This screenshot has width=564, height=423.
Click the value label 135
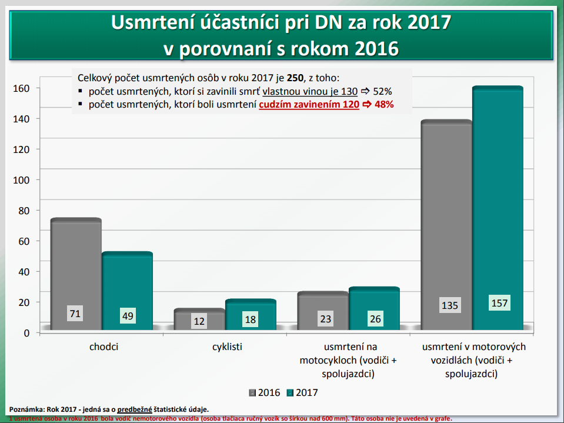click(x=449, y=305)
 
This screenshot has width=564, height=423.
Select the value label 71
click(x=75, y=314)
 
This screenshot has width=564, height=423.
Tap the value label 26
click(x=375, y=319)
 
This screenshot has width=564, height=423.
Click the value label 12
click(x=199, y=321)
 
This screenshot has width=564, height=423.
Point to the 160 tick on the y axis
click(x=22, y=88)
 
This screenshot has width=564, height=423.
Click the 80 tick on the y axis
click(x=25, y=211)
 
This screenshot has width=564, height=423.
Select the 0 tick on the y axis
click(x=27, y=333)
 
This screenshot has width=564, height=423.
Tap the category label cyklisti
click(x=227, y=347)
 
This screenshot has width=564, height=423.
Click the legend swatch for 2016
click(x=253, y=392)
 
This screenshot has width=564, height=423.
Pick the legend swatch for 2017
click(x=290, y=392)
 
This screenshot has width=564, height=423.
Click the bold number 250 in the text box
click(x=295, y=78)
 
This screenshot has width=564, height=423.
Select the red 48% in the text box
click(x=383, y=104)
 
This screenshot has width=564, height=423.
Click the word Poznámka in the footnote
click(x=26, y=409)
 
